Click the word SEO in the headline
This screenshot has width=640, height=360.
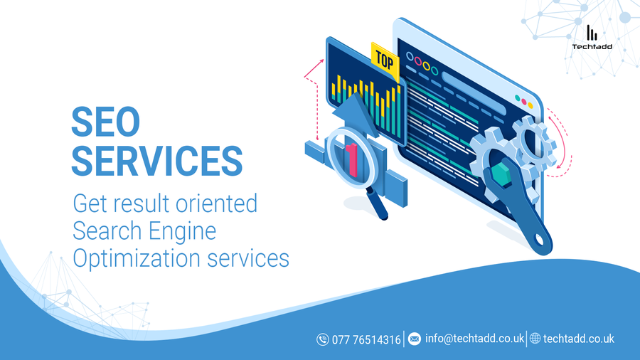click(106, 122)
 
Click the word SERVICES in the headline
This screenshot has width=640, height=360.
click(157, 162)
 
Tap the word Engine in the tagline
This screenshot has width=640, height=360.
click(182, 232)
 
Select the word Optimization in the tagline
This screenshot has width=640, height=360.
click(137, 259)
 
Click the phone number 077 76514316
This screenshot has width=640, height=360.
click(366, 339)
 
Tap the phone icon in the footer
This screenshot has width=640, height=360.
click(322, 339)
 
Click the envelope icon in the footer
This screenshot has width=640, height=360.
click(415, 339)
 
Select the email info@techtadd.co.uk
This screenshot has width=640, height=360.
click(475, 339)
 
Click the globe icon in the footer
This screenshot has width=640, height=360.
click(535, 339)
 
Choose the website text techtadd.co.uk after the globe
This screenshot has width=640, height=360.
click(578, 339)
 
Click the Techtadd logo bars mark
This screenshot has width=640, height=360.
click(592, 33)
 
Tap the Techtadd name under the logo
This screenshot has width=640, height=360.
click(592, 46)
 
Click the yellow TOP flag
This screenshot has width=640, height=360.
click(385, 61)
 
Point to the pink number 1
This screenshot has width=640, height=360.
click(352, 160)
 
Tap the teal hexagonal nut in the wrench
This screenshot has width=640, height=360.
click(501, 173)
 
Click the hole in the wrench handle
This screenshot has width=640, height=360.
click(539, 240)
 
